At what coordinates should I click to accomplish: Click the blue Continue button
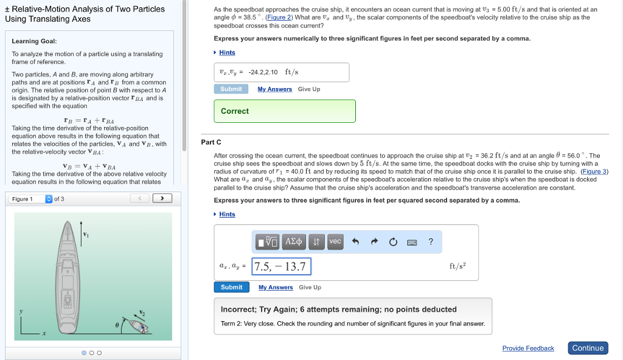pos(588,348)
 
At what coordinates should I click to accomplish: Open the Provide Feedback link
pos(528,348)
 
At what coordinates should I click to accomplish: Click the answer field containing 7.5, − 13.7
pos(281,266)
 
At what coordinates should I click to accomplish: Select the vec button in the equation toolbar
pos(335,241)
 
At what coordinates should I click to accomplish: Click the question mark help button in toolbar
pos(431,241)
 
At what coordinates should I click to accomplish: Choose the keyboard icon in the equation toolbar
pos(412,242)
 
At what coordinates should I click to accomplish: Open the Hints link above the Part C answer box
pos(227,214)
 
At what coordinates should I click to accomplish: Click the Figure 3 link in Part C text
pos(594,171)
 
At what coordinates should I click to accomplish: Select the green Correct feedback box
pos(284,111)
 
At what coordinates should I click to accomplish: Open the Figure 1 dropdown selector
pos(31,199)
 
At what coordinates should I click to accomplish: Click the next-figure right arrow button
pos(162,198)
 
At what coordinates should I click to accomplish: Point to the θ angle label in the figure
pos(117,325)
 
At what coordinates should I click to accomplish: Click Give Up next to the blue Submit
pos(310,287)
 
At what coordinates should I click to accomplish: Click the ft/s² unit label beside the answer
pos(458,266)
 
